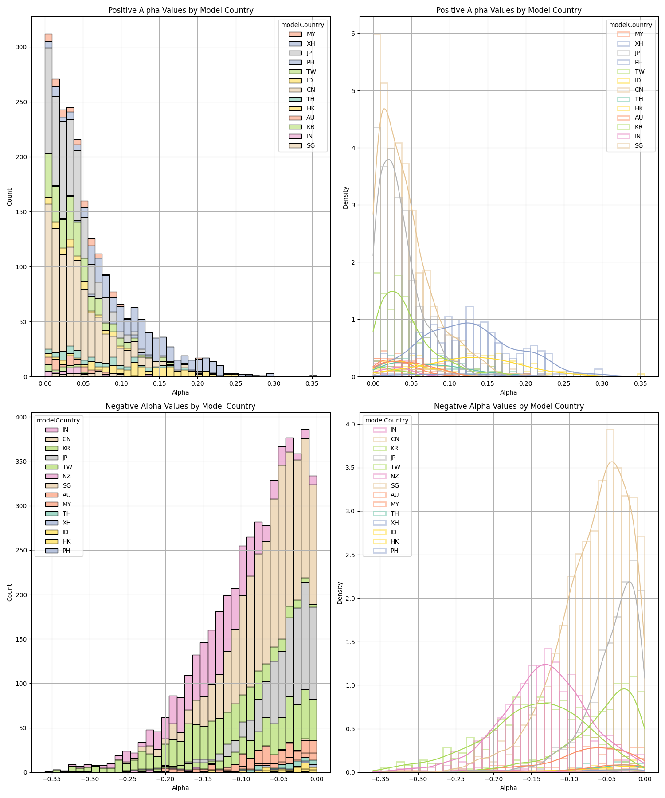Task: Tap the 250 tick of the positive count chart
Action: tap(20, 102)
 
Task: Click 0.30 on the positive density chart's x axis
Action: tap(602, 383)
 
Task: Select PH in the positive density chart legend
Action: tap(639, 62)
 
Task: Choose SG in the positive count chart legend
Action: tap(311, 145)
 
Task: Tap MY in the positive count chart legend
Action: tap(311, 34)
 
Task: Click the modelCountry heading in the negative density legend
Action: tap(387, 420)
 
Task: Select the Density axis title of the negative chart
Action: tap(340, 593)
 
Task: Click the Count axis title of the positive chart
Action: tap(10, 197)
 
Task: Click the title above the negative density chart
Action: tap(509, 406)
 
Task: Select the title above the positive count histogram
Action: tap(180, 10)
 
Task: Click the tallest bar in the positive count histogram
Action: tap(48, 204)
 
